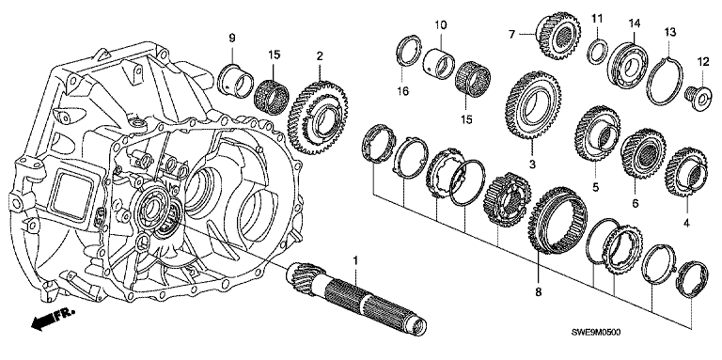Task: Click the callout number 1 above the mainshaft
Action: [x=355, y=260]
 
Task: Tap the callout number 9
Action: [x=231, y=39]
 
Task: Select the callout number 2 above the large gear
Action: [x=319, y=56]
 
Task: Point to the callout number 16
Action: [x=403, y=91]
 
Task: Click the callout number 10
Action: [x=440, y=24]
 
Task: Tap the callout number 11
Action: [x=597, y=19]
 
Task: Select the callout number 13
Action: [x=669, y=32]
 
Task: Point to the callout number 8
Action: [x=539, y=292]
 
